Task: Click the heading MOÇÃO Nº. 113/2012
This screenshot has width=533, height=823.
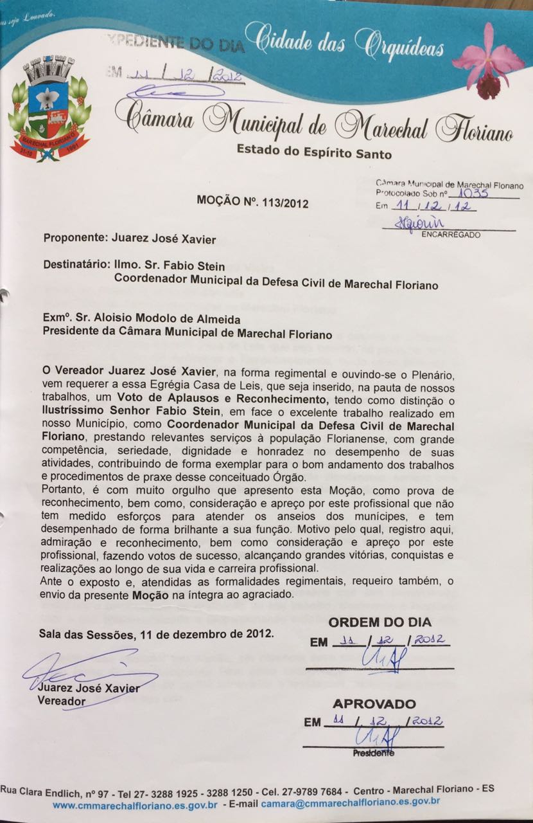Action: click(252, 203)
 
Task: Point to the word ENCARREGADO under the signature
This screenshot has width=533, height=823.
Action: click(450, 235)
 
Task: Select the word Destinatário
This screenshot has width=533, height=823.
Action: click(74, 264)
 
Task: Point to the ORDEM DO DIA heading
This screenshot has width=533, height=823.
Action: click(380, 622)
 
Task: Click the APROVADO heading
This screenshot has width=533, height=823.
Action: click(374, 703)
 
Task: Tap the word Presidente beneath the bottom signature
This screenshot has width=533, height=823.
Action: click(372, 752)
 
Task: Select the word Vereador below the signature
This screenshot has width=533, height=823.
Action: click(61, 700)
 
